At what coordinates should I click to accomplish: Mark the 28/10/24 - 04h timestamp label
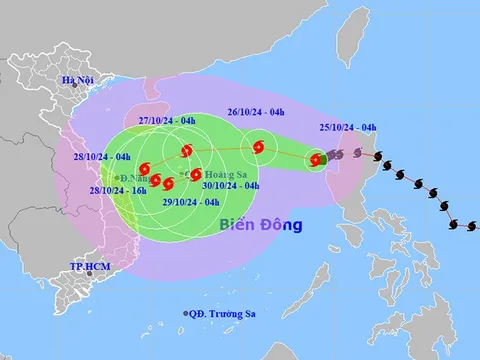(x=101, y=157)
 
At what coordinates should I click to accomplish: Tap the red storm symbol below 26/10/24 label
(x=259, y=148)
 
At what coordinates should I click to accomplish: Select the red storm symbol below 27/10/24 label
(x=186, y=152)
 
